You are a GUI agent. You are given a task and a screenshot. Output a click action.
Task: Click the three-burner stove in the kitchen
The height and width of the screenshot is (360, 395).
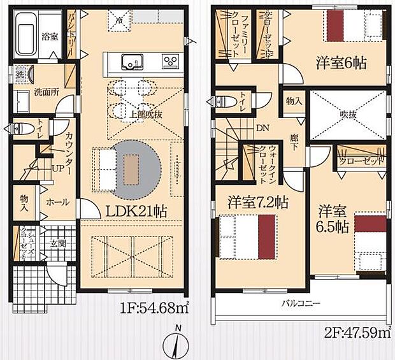pyautogui.click(x=170, y=62)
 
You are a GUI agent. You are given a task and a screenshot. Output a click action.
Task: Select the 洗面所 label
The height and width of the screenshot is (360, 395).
pyautogui.click(x=46, y=91)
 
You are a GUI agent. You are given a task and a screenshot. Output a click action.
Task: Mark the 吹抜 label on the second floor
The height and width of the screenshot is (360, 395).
pyautogui.click(x=347, y=115)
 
